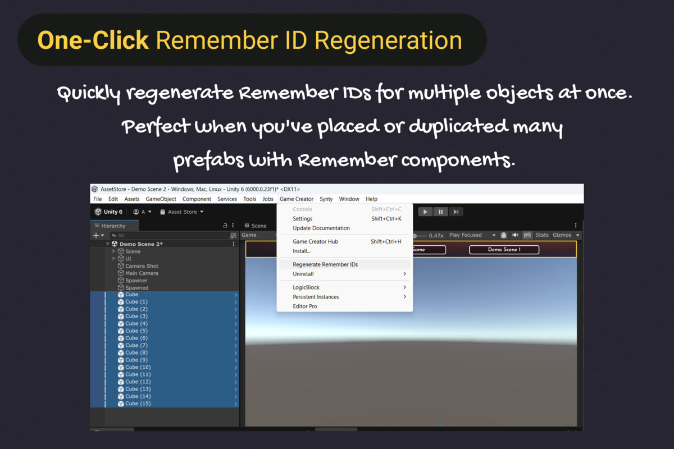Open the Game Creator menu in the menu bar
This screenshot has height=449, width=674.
click(x=297, y=199)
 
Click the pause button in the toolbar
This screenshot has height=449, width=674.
click(x=440, y=212)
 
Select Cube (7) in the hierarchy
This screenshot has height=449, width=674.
click(x=136, y=345)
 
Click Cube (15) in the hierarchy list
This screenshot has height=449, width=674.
click(x=138, y=404)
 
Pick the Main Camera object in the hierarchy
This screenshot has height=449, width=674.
click(x=142, y=273)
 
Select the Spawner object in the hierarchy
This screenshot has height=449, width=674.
click(x=136, y=280)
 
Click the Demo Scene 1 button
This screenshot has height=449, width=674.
click(x=504, y=250)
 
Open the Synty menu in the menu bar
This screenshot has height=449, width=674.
click(x=326, y=199)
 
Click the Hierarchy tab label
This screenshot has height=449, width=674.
click(x=113, y=226)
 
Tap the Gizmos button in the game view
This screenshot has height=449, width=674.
click(x=562, y=235)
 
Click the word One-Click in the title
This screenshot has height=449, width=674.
click(x=93, y=40)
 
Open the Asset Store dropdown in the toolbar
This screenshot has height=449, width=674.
click(x=182, y=212)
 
